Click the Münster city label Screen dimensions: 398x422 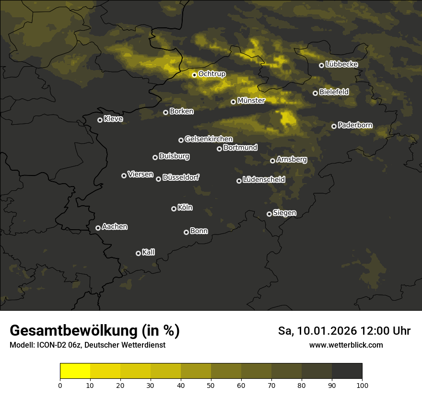tap(251, 101)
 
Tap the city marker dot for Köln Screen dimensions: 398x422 tap(174, 209)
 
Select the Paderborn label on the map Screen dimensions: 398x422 tap(355, 125)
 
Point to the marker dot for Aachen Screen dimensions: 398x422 tap(98, 228)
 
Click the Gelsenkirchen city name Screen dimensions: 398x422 tap(209, 139)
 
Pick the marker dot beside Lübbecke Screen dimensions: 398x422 tap(321, 65)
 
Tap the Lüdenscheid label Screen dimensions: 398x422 tap(264, 180)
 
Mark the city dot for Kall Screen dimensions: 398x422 tap(138, 253)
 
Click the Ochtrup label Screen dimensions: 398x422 tap(211, 74)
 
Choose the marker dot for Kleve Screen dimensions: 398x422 tap(100, 120)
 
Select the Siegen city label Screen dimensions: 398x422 tap(284, 213)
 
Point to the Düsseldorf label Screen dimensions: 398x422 tap(181, 177)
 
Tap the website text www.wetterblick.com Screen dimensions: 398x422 tap(346, 345)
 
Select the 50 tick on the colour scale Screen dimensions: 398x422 tap(211, 385)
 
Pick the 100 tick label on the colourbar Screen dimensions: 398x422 tap(362, 385)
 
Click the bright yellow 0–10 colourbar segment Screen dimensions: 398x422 tap(75, 371)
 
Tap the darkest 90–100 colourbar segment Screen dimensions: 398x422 tap(347, 371)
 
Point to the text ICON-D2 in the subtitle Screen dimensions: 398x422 tap(49, 345)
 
